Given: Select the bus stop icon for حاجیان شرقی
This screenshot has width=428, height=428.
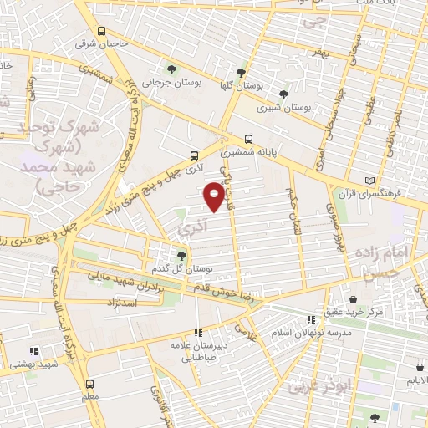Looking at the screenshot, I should coord(101,32).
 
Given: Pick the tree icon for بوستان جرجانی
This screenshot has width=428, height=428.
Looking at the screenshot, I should coord(171,69).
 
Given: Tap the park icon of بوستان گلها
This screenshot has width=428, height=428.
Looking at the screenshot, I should coord(242,73).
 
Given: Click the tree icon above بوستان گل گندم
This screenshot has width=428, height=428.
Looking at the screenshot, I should coord(181,256).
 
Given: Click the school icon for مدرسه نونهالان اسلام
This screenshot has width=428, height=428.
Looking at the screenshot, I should coord(311,319).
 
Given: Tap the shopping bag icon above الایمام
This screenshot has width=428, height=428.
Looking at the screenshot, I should coord(419,366).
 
